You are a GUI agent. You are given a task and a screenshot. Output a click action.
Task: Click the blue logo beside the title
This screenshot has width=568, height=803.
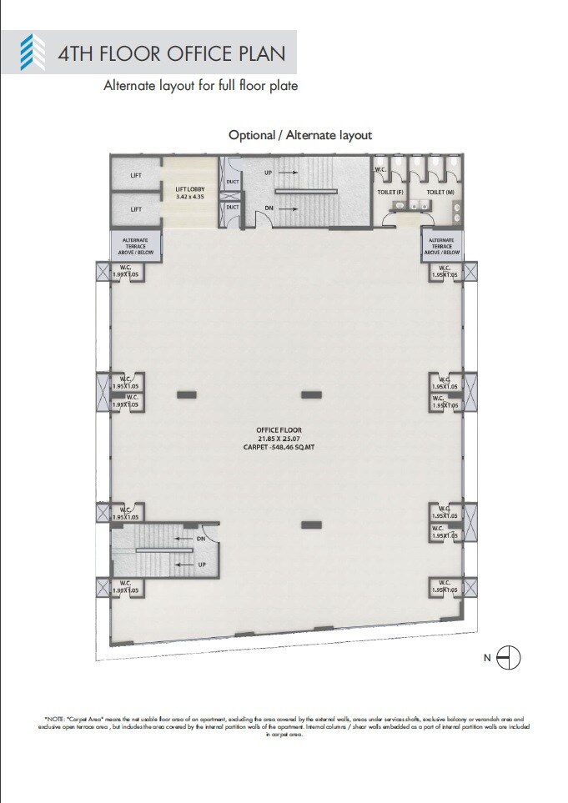(33, 53)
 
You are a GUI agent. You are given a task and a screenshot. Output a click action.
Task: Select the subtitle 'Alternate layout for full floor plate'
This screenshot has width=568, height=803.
(200, 85)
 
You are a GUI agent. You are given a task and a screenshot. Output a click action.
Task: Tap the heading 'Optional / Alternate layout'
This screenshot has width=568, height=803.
(300, 135)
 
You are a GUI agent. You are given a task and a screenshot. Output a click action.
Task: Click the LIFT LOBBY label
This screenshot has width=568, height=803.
(189, 189)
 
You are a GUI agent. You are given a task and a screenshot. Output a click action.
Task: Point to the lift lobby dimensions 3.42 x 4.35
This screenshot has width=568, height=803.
(189, 198)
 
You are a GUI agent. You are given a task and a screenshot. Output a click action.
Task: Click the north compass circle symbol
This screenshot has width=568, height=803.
(509, 658)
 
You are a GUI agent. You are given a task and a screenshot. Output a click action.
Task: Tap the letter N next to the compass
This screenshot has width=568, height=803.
(488, 659)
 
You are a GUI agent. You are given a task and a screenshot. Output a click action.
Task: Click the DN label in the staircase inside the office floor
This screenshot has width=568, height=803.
(201, 539)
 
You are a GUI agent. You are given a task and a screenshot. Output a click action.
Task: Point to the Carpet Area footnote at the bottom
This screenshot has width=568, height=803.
(284, 725)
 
